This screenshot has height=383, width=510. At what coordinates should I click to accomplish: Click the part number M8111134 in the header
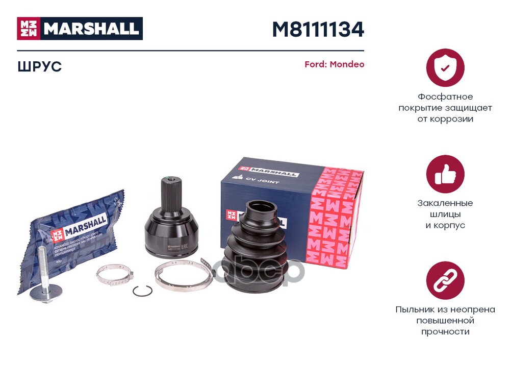click(x=317, y=30)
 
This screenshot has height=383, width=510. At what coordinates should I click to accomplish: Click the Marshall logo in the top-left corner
click(x=80, y=29)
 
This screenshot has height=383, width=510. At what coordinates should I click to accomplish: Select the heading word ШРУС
click(x=39, y=67)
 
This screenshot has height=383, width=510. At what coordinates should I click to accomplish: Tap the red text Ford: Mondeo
click(x=334, y=65)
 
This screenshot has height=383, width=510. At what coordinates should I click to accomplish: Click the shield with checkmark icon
click(x=445, y=67)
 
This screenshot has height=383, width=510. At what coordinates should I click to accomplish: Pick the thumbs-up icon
click(x=445, y=174)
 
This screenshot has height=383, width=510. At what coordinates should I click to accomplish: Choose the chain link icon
click(x=445, y=280)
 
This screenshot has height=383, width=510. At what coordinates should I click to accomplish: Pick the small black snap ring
click(x=142, y=291)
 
